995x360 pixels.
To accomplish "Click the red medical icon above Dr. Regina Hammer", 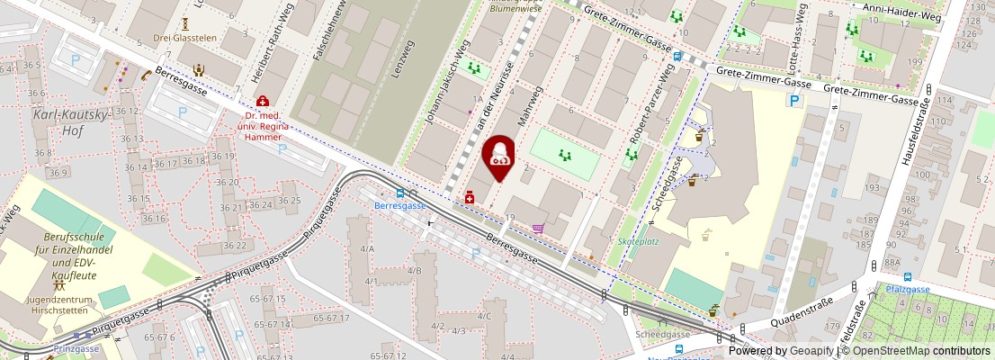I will tap(262, 102).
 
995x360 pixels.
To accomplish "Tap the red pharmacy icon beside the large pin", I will tap(469, 197).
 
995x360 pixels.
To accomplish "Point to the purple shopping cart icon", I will tap(538, 229).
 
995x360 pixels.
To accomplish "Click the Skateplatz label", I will tap(637, 242).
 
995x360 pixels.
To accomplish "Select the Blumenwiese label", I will tap(515, 8).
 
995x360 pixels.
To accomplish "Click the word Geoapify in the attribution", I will tap(811, 351).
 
